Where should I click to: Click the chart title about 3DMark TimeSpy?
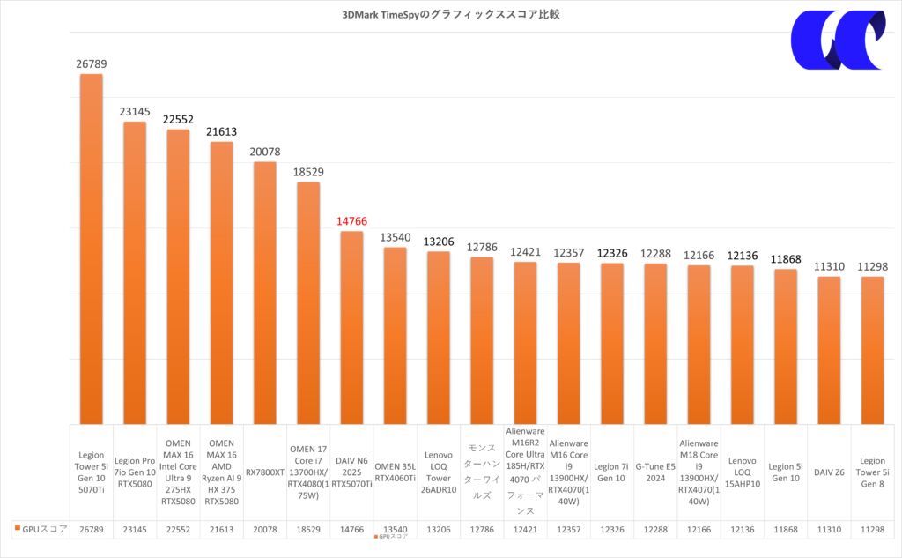click(450, 14)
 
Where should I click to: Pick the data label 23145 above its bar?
click(135, 112)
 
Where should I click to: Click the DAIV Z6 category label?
click(829, 472)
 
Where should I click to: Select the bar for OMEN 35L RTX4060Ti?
click(395, 335)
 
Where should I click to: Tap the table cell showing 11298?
click(872, 529)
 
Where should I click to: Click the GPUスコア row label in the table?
click(41, 529)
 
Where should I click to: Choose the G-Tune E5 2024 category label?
click(654, 472)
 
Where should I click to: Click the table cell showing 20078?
click(264, 529)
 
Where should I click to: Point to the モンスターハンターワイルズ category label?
click(482, 472)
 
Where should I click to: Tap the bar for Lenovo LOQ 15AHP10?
click(743, 344)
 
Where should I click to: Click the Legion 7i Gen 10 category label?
click(611, 472)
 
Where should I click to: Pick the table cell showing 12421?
click(525, 529)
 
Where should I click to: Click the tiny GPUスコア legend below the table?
click(392, 536)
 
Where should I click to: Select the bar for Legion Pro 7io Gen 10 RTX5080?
click(135, 272)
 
